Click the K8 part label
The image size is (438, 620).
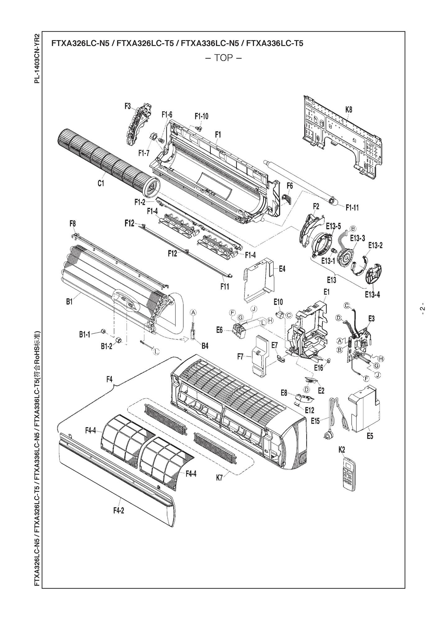coord(349,110)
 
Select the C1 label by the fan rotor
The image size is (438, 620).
coord(101,183)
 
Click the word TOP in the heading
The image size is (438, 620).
coord(223,58)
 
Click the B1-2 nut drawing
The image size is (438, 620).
coord(118,340)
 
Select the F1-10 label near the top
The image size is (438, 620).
coord(201,116)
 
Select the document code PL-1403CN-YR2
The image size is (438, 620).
coord(37,58)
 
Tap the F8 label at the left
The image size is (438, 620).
coord(72,224)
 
